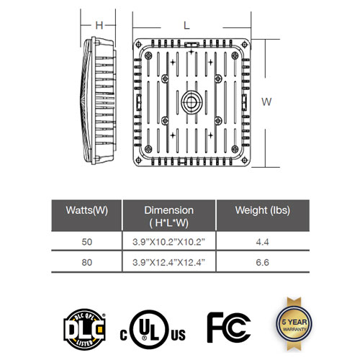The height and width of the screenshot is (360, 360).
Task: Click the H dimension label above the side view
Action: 99,25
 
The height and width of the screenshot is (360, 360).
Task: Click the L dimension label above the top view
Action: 186,25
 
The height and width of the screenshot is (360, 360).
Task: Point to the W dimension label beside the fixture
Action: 266,102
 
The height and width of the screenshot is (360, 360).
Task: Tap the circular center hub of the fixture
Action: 192,102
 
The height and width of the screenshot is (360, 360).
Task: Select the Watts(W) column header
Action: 86,210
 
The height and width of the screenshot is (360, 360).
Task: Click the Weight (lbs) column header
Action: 263,210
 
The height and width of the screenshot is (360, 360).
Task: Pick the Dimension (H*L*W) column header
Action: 168,217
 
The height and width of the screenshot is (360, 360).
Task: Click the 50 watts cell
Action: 86,242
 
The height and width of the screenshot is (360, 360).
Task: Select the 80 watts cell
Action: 86,262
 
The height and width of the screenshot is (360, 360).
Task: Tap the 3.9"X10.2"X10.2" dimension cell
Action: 168,242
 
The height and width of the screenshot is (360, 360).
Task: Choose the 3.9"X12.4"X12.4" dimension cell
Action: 168,262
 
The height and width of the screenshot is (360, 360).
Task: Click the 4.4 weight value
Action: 262,242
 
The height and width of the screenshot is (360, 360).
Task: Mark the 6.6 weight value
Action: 262,262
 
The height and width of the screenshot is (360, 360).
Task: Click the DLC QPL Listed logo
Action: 84,329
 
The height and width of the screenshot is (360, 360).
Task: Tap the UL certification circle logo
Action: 148,329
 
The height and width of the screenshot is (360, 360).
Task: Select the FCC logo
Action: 229,328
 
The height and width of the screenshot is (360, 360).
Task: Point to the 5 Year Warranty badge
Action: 294,325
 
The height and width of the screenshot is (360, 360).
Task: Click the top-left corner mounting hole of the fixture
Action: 138,45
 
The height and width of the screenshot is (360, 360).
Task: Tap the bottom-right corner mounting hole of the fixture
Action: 244,160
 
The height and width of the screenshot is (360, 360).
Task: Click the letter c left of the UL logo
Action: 123,335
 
